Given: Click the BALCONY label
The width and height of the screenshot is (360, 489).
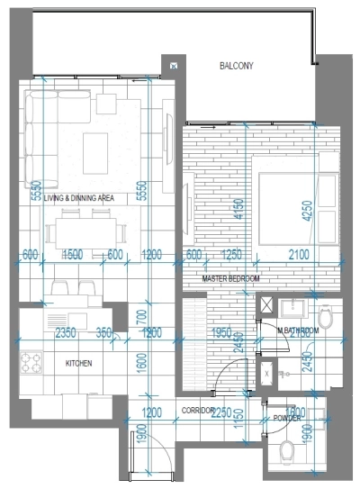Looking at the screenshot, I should click(x=238, y=66).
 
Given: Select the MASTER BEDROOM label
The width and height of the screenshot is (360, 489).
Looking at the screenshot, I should click(x=230, y=280).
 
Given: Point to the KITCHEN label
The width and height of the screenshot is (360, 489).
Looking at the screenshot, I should click(x=79, y=364).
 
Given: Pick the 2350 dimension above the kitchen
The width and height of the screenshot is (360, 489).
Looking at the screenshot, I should click(x=65, y=333).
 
